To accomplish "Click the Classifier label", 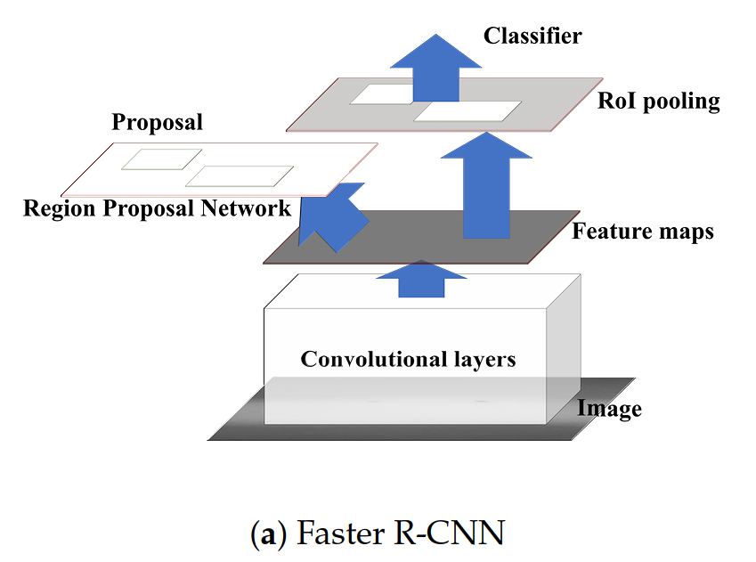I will click(x=532, y=36).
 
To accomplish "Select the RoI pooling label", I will click(x=658, y=101).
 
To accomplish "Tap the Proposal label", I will click(x=157, y=122).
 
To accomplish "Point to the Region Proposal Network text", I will click(x=157, y=208).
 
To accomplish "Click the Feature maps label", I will click(x=642, y=232).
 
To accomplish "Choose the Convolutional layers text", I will click(x=408, y=360).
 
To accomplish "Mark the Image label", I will click(x=609, y=410).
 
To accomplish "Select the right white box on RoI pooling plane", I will click(x=467, y=110).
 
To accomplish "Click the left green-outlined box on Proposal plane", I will click(x=160, y=159).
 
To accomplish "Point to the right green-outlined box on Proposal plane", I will click(x=239, y=175).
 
